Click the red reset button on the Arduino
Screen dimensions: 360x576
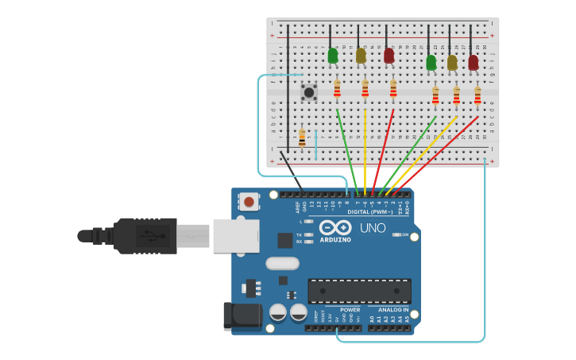point(249,202)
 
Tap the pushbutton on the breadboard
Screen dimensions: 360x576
point(309,92)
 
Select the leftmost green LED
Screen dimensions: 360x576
point(333,56)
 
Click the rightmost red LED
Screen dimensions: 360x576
point(474,62)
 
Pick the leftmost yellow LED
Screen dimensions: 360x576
point(361,56)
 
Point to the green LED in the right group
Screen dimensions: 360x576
point(431,62)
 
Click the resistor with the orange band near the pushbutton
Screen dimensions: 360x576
point(302,137)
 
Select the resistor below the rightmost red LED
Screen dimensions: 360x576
point(477,95)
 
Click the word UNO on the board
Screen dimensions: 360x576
point(373,228)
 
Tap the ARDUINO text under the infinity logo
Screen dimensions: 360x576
point(335,239)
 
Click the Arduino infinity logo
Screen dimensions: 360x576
point(335,227)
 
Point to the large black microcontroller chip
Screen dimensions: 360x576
point(359,291)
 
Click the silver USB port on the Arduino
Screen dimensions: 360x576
point(237,235)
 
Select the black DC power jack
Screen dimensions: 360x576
point(242,315)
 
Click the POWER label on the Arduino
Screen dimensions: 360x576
point(350,309)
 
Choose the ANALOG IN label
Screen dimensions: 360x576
point(392,309)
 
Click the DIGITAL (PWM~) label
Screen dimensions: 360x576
point(370,212)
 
